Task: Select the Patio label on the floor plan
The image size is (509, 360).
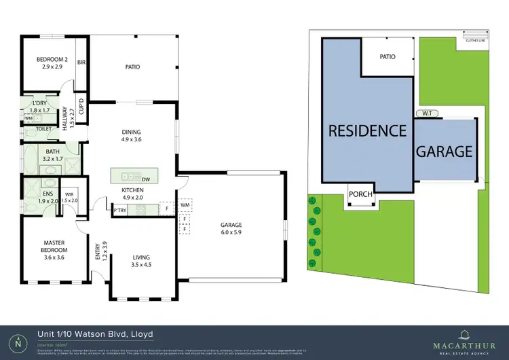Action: click(132, 67)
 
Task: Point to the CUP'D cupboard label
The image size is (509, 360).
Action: click(81, 112)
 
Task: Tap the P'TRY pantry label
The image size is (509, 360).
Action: click(121, 210)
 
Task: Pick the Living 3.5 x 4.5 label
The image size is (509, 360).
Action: click(141, 262)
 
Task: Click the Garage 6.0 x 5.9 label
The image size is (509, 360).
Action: click(231, 229)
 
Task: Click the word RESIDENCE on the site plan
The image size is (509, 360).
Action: click(367, 130)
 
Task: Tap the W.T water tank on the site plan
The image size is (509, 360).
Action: click(427, 113)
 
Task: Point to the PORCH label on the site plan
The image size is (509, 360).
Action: click(360, 194)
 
